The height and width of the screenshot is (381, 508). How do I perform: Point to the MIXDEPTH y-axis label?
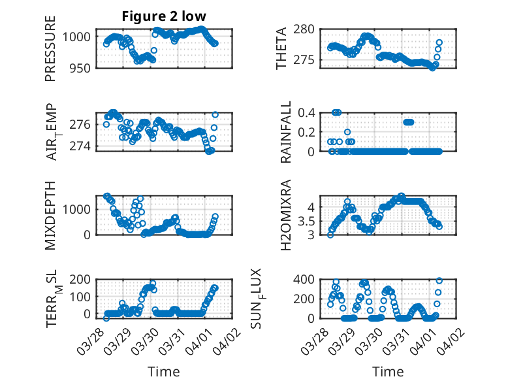point(50,215)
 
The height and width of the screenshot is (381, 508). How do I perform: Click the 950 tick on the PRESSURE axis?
point(81,67)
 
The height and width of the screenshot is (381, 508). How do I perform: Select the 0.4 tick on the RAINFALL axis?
point(308,112)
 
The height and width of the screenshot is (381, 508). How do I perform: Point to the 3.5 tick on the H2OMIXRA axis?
point(308,220)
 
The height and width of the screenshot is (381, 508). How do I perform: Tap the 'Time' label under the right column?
point(387,372)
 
